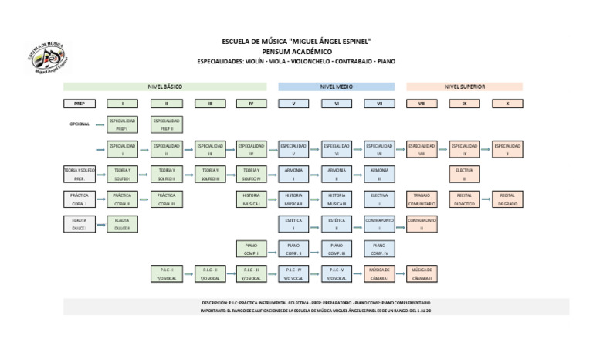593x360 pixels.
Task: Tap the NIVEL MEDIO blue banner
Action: [336, 87]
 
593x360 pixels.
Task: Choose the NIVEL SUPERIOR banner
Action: [464, 87]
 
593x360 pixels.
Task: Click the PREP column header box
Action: [79, 103]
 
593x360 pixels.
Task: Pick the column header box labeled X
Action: [507, 103]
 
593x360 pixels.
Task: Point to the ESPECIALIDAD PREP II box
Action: [167, 124]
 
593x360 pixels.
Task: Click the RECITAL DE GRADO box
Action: [507, 200]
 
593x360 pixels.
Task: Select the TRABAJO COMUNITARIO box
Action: [422, 200]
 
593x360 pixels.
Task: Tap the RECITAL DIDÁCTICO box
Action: [465, 200]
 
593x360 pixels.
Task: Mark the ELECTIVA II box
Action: [465, 175]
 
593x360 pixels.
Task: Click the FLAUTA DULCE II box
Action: [122, 225]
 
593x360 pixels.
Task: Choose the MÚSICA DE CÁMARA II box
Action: [422, 274]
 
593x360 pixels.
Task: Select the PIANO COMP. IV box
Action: [379, 250]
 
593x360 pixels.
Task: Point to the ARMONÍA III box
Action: [379, 175]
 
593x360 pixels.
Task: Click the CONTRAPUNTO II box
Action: [422, 225]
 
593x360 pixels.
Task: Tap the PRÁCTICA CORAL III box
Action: [167, 200]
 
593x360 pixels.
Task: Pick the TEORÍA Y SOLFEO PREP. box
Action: [79, 175]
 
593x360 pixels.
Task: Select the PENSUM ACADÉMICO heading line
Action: [296, 50]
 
